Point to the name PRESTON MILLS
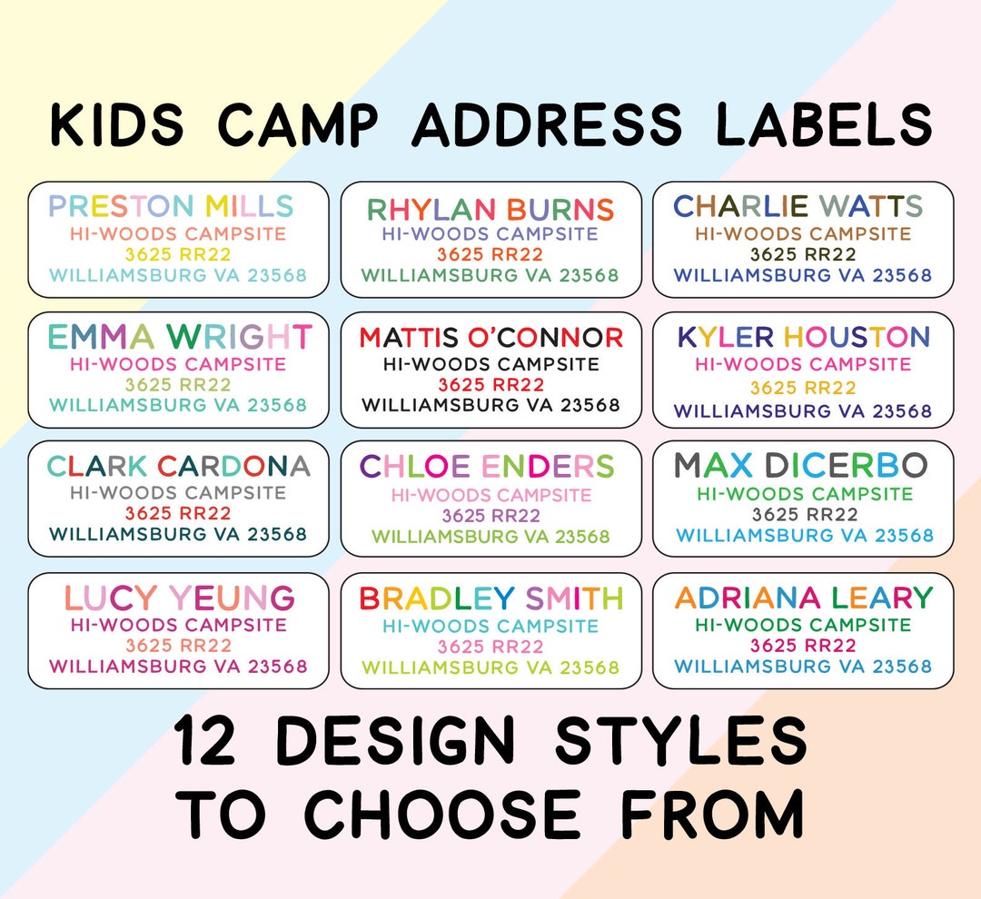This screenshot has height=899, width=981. point(171,206)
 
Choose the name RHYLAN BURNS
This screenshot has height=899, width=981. point(490,210)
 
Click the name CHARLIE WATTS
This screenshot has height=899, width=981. point(798,206)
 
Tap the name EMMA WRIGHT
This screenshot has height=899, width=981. point(180,337)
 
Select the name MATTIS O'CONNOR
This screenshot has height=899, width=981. point(491,338)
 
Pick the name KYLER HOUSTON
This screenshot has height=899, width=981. point(804,337)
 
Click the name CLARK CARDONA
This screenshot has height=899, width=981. point(178,467)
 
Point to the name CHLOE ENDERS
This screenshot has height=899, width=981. point(488,467)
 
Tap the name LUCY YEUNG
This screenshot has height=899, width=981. point(179,598)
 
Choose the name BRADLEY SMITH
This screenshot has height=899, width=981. point(491,598)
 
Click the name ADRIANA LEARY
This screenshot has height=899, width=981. point(804,598)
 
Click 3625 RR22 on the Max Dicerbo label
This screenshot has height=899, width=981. point(804,515)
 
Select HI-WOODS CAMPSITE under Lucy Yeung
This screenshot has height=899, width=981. point(178,625)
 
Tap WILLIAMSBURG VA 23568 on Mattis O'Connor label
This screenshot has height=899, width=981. point(490,405)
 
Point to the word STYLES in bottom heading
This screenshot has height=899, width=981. point(681,740)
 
